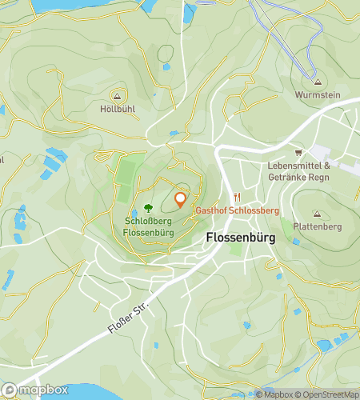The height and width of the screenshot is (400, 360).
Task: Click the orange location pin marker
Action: click(x=180, y=200)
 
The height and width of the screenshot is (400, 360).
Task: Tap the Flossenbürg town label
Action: click(x=242, y=238)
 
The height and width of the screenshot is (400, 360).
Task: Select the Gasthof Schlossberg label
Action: click(x=238, y=210)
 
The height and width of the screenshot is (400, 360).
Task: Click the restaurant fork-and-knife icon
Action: click(x=237, y=198)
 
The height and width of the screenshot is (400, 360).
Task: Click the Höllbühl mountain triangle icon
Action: click(x=117, y=95)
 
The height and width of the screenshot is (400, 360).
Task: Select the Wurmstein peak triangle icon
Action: click(x=318, y=82)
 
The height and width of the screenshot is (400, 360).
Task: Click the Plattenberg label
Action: click(x=316, y=226)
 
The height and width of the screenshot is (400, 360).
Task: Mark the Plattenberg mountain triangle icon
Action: click(x=316, y=214)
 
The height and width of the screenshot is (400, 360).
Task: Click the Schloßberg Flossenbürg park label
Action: click(x=148, y=226)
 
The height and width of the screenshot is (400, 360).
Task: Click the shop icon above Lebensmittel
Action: click(x=299, y=153)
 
